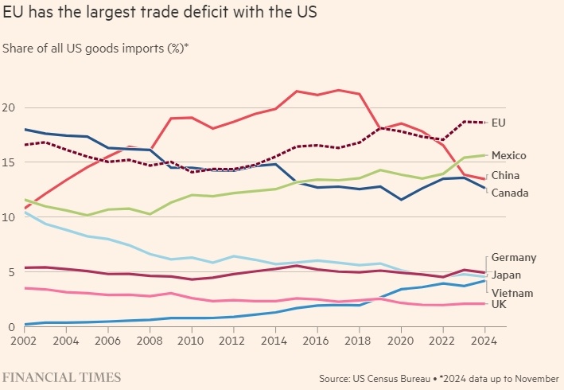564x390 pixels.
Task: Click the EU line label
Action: coord(499,123)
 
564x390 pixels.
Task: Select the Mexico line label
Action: coord(509,155)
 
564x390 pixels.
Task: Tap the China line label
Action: coord(505,175)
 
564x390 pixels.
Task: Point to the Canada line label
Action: coord(509,193)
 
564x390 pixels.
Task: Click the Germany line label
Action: coord(514,257)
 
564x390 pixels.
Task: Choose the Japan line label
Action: coord(506,275)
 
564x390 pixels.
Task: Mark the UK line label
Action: coord(500,305)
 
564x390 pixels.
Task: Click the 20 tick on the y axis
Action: coord(10,107)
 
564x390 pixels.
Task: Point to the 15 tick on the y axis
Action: coord(10,162)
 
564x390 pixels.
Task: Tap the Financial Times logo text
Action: coord(62,376)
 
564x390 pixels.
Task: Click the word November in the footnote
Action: coord(535,377)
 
